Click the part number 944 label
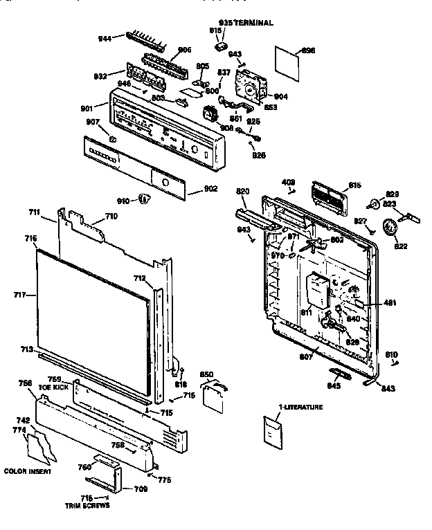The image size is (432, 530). coord(105,39)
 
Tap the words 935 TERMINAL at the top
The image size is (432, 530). coord(246,23)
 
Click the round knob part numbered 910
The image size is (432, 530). coord(144,200)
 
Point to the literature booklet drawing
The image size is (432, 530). coord(273,432)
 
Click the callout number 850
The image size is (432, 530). coord(206,374)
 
